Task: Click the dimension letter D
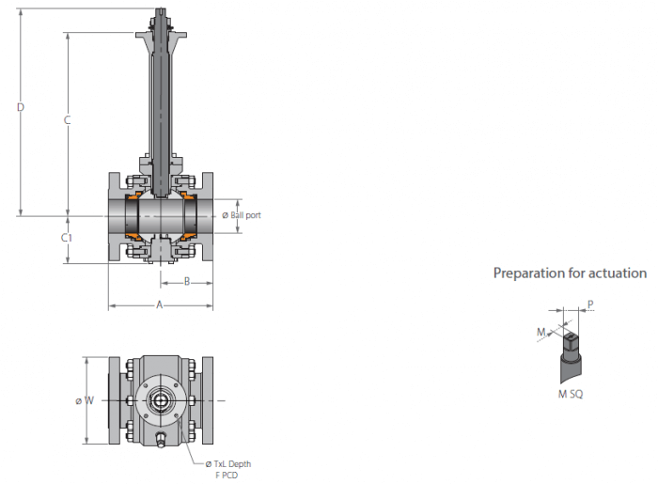(21, 107)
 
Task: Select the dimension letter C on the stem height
(67, 120)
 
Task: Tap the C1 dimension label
(67, 238)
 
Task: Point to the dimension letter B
(187, 281)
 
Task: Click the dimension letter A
(160, 304)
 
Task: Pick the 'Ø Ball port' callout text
(242, 215)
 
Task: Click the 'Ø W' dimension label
(85, 400)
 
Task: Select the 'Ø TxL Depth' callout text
(228, 464)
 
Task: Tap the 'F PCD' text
(227, 476)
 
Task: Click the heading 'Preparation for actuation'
(570, 273)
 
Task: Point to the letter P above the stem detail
(590, 304)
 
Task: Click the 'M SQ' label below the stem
(571, 394)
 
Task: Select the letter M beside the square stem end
(541, 332)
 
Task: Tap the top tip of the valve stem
(161, 9)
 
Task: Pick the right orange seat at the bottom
(187, 236)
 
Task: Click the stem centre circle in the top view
(160, 400)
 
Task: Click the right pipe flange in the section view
(208, 217)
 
